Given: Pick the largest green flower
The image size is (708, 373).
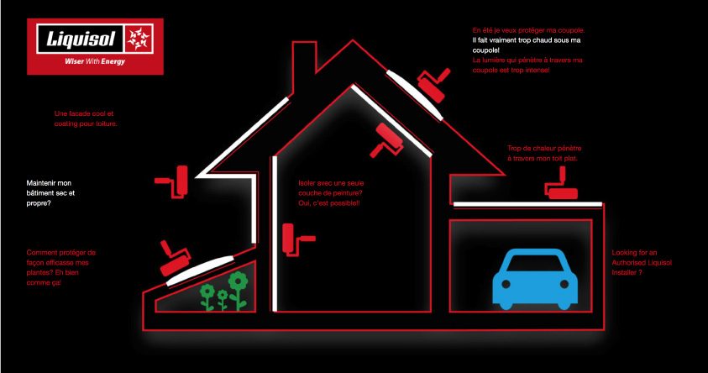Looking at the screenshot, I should click(x=239, y=284).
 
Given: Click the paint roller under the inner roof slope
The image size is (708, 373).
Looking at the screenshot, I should click(x=389, y=139).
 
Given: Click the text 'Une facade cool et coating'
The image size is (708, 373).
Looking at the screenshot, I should click(x=85, y=118).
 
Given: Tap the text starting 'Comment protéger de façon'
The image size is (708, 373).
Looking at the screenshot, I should click(x=61, y=267).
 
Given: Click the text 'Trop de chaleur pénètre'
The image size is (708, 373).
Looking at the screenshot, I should click(x=544, y=153).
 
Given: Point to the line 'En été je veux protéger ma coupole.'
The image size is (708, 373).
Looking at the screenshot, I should click(x=528, y=30).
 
